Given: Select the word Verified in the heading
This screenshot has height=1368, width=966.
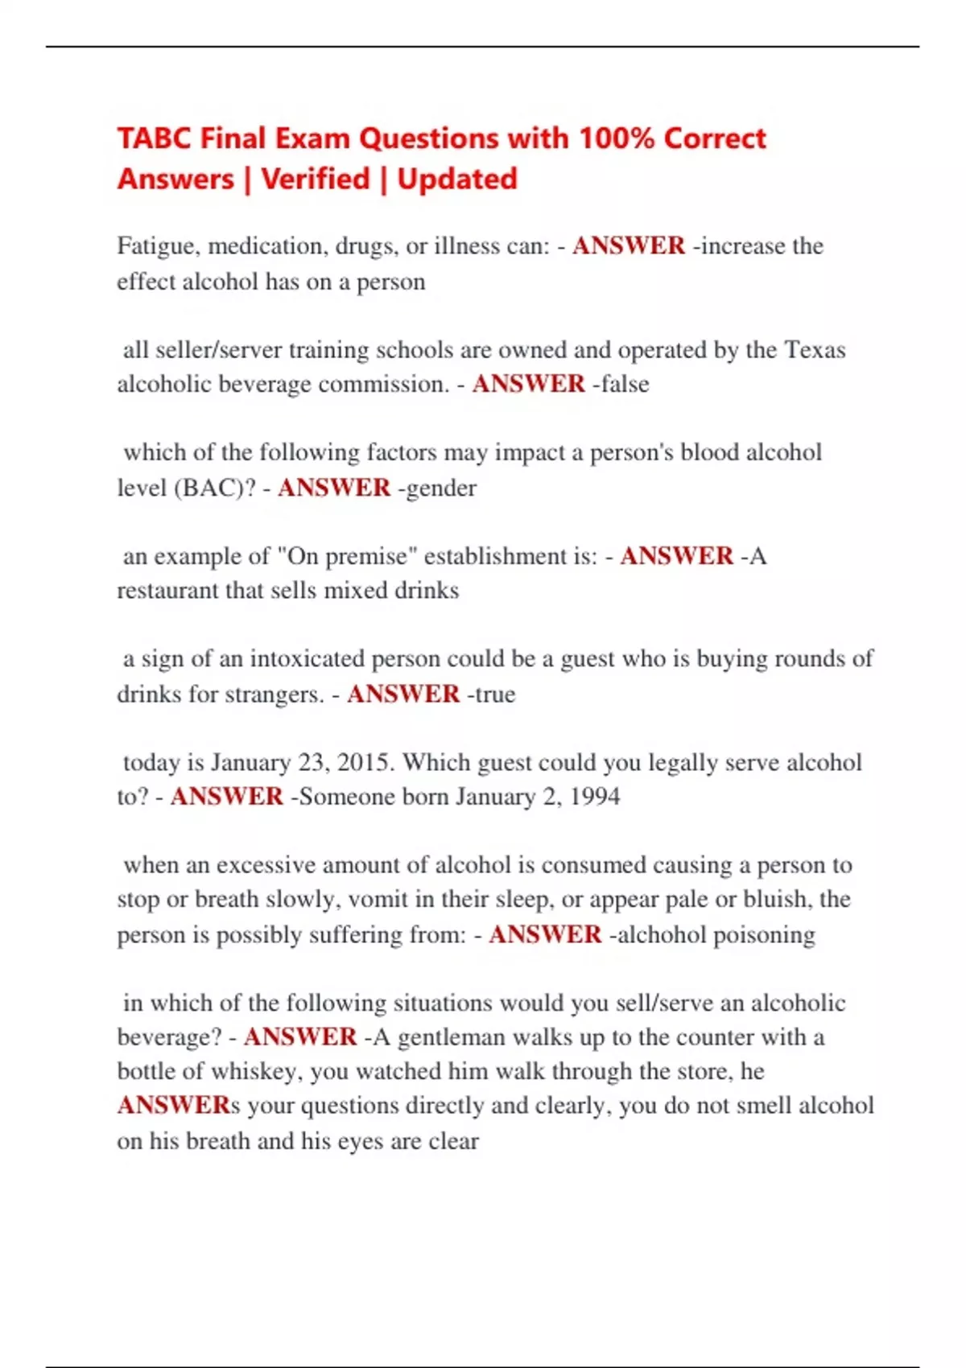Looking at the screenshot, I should click(x=316, y=179).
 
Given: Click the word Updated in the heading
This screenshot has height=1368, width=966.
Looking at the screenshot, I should click(x=457, y=179).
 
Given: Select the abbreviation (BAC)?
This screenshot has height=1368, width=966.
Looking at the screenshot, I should click(x=215, y=488).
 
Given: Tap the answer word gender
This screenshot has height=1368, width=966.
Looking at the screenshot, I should click(x=442, y=488).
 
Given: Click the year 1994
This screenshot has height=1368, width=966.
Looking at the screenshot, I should click(x=594, y=797).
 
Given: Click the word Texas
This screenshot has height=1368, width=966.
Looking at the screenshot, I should click(x=815, y=350).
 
